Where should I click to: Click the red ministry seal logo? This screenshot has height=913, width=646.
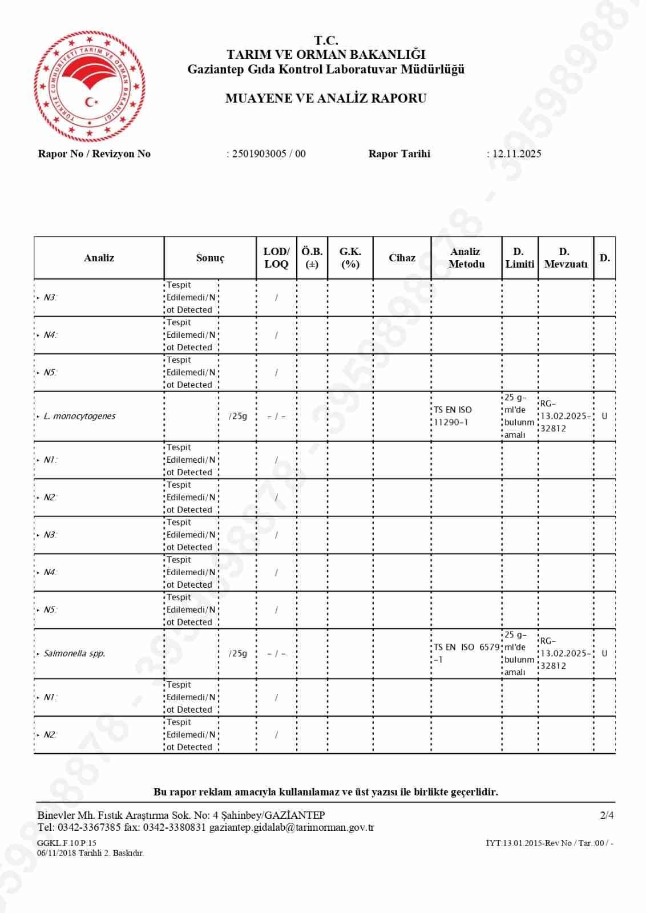89,86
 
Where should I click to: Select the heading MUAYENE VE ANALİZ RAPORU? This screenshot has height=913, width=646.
326,98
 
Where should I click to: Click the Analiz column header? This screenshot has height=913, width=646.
99,258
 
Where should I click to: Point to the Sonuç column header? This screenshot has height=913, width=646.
210,258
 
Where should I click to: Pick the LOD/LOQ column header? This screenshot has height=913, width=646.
276,258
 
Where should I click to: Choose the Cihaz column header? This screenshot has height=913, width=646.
402,258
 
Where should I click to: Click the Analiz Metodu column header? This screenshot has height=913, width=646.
466,258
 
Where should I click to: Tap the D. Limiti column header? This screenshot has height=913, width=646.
519,258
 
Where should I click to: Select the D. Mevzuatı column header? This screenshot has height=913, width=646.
566,258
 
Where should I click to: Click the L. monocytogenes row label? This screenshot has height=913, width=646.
79,416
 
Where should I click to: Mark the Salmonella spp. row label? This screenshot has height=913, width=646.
74,653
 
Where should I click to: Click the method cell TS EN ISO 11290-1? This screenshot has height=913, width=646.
453,416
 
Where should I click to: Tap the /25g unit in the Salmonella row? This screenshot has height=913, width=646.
238,653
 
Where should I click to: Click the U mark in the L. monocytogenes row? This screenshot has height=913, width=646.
604,416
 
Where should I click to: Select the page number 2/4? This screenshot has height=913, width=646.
607,815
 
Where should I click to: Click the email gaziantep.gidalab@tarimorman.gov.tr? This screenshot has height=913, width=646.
292,827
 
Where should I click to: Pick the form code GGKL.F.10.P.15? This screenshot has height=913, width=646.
67,843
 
